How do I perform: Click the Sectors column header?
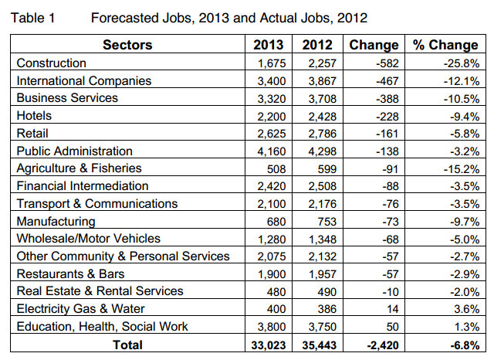coord(127,45)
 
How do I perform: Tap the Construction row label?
coord(52,63)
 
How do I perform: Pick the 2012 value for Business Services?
coord(318,98)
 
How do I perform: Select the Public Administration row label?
coord(75,151)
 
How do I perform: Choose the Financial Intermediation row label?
coord(83,186)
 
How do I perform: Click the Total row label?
coord(127,345)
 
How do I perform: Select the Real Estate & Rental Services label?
coord(100,291)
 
